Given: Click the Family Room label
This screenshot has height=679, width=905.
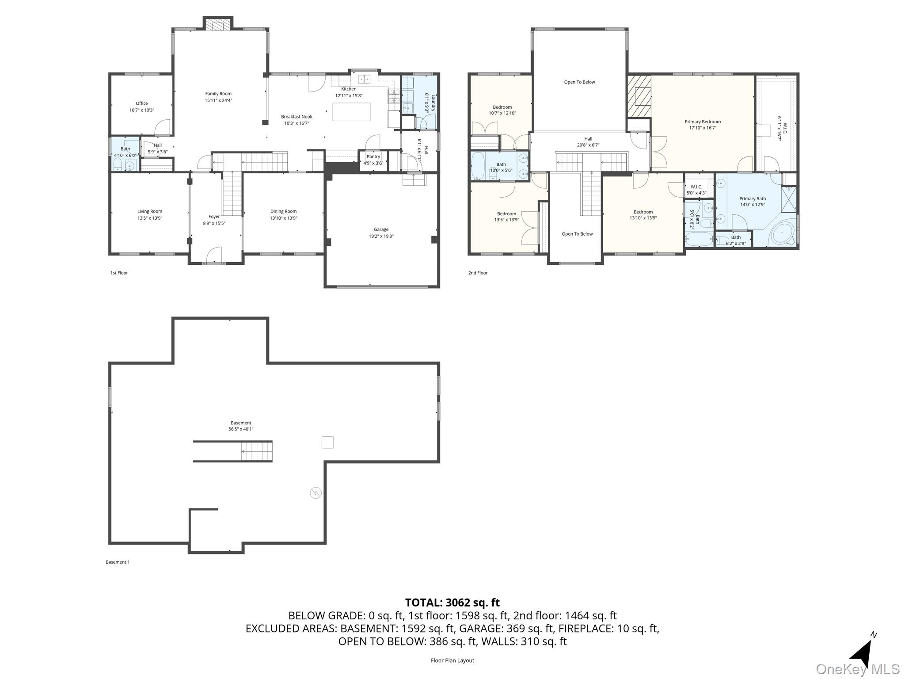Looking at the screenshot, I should coord(218,94).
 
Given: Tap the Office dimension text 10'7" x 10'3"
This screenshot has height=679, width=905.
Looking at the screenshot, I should coord(141,110).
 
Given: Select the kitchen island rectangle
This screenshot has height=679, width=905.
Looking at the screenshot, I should coord(351,111).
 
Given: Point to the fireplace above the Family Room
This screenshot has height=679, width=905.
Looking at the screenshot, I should coord(218,25).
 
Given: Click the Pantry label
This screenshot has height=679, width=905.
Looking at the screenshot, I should coord(373,156).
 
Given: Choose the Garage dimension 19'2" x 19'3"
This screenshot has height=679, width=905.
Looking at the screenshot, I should coord(381,236).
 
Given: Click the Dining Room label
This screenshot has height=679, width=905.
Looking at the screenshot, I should coord(283,211).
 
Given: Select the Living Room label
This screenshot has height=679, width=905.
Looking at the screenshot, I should coord(149,211).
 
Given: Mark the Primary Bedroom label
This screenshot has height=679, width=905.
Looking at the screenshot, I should coord(702,122).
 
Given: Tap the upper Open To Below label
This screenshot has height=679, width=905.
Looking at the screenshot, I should coord(579,82).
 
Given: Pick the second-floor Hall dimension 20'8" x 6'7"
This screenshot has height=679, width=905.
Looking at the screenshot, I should coord(588,145).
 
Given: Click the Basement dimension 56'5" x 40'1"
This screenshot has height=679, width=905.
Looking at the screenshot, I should coord(240,429).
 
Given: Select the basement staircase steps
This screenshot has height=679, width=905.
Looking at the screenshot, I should coord(256,451).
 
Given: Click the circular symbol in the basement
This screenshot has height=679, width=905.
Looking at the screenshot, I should coord(316,493).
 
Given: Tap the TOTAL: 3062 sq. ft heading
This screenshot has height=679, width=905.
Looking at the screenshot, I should coord(452,603).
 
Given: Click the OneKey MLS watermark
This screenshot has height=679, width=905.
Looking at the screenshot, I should coord(857,669).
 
